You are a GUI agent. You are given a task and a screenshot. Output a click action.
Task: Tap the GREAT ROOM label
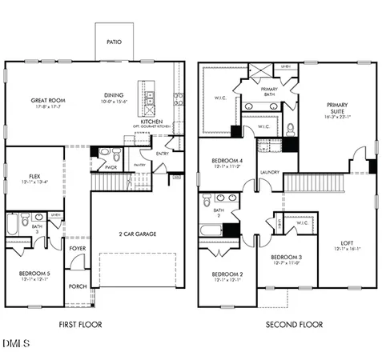tap(48, 102)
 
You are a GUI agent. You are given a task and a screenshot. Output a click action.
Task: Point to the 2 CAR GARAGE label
tap(137, 234)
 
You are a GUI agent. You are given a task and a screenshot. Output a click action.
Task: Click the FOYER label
tap(78, 249)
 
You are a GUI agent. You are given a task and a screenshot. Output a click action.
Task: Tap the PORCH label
tap(78, 286)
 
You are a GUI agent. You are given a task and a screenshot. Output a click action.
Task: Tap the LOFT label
tap(347, 244)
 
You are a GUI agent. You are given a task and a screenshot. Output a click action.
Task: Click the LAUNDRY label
tap(268, 171)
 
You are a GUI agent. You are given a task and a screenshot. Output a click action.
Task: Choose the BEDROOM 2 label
tap(227, 274)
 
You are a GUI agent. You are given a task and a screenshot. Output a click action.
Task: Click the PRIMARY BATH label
tap(269, 91)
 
